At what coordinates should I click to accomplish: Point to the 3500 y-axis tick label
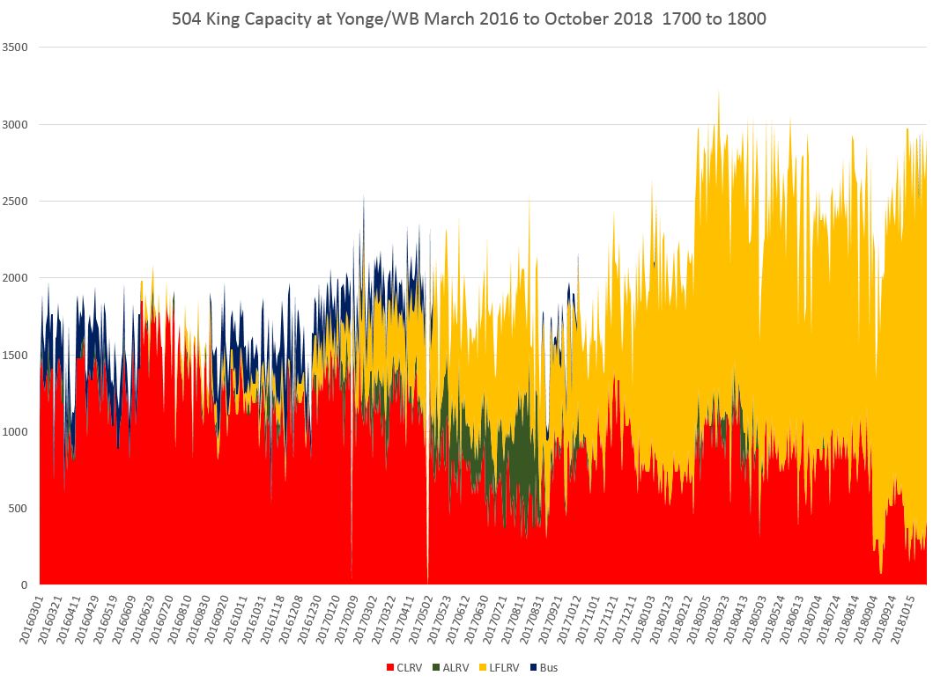tap(19, 48)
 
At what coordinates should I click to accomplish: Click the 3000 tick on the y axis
tap(19, 124)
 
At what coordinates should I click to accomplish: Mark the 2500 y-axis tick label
tap(19, 202)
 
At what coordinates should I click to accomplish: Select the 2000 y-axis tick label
tap(19, 278)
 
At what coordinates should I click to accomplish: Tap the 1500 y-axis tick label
tap(19, 355)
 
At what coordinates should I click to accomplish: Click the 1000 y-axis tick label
tap(19, 431)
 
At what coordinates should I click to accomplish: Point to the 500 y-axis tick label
tap(22, 508)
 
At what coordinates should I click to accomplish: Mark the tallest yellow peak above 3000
tap(719, 92)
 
